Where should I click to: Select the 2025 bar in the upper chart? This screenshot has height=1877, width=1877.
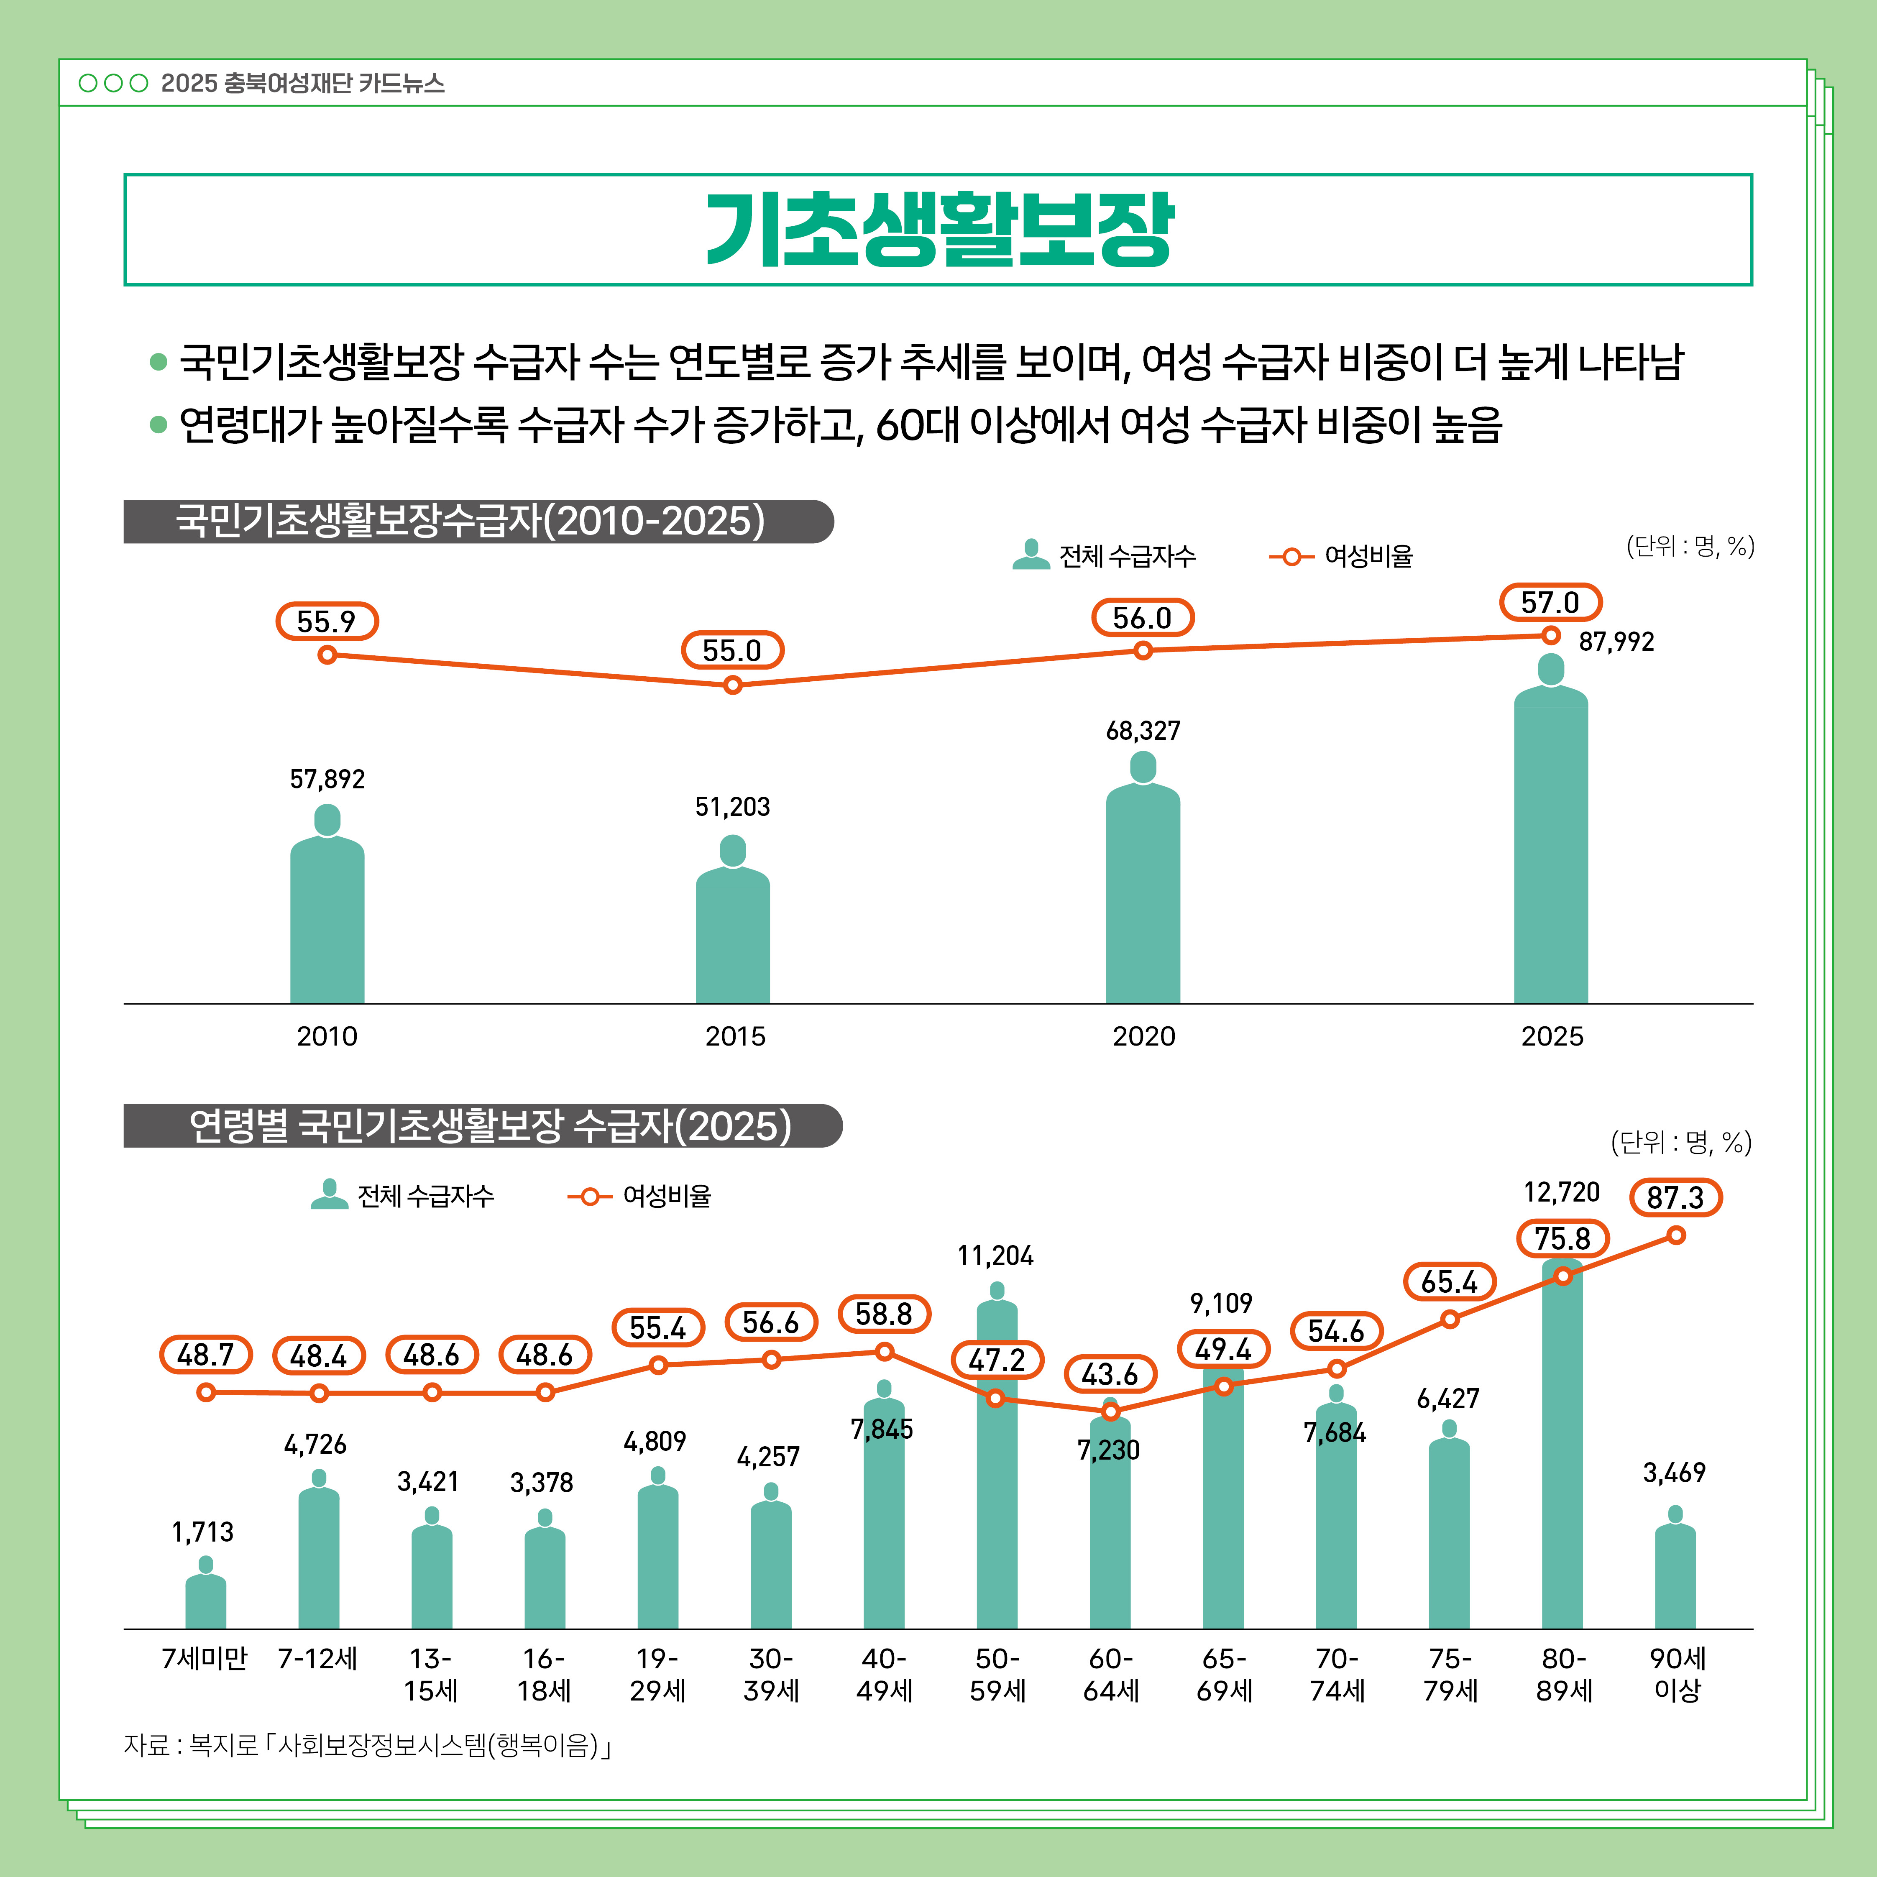[1550, 845]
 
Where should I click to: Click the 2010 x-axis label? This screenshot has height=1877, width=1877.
[327, 1037]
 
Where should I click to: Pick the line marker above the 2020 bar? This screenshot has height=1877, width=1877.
[1143, 650]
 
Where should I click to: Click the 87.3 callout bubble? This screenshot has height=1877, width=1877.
[1675, 1197]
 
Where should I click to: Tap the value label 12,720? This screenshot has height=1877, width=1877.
[1561, 1192]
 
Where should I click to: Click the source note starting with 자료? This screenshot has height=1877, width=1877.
[367, 1746]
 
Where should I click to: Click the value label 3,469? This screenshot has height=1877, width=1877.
[1674, 1473]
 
